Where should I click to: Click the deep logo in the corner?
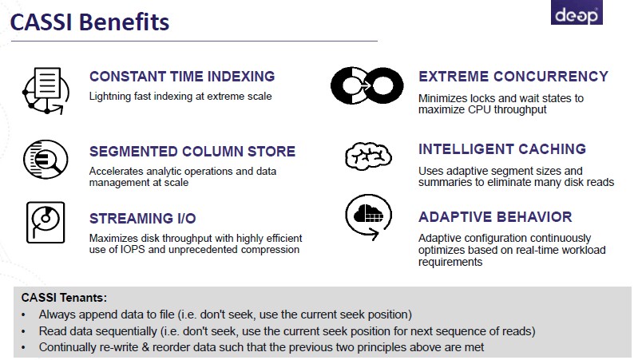[577, 12]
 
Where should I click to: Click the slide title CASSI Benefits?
[89, 22]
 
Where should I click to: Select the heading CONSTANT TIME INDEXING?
[182, 77]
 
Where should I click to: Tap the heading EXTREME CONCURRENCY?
[513, 77]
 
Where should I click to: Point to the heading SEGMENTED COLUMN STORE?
[192, 152]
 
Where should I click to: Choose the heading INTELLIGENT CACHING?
[502, 149]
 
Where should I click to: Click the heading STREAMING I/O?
[143, 219]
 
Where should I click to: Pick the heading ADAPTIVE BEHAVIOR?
[495, 217]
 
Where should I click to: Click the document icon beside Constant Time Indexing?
[46, 90]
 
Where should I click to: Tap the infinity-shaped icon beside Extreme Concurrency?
[367, 85]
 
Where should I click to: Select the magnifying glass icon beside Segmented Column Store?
[46, 159]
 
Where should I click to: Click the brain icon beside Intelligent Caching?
[368, 156]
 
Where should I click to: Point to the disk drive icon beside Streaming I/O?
[46, 222]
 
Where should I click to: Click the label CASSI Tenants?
[64, 298]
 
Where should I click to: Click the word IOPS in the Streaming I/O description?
[133, 250]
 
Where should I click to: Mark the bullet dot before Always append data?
[23, 315]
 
